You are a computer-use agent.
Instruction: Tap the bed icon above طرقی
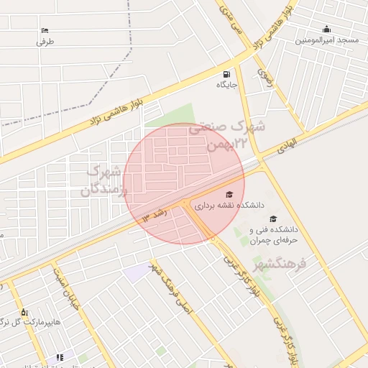pyautogui.click(x=45, y=30)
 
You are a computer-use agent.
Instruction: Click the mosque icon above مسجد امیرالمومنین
pyautogui.click(x=327, y=29)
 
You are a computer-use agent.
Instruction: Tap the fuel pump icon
pyautogui.click(x=227, y=73)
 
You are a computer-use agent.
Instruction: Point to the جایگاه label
pyautogui.click(x=227, y=85)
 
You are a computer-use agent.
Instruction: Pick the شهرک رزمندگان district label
pyautogui.click(x=105, y=180)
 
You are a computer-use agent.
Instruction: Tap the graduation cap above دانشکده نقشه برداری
pyautogui.click(x=229, y=194)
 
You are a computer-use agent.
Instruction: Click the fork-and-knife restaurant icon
pyautogui.click(x=60, y=357)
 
